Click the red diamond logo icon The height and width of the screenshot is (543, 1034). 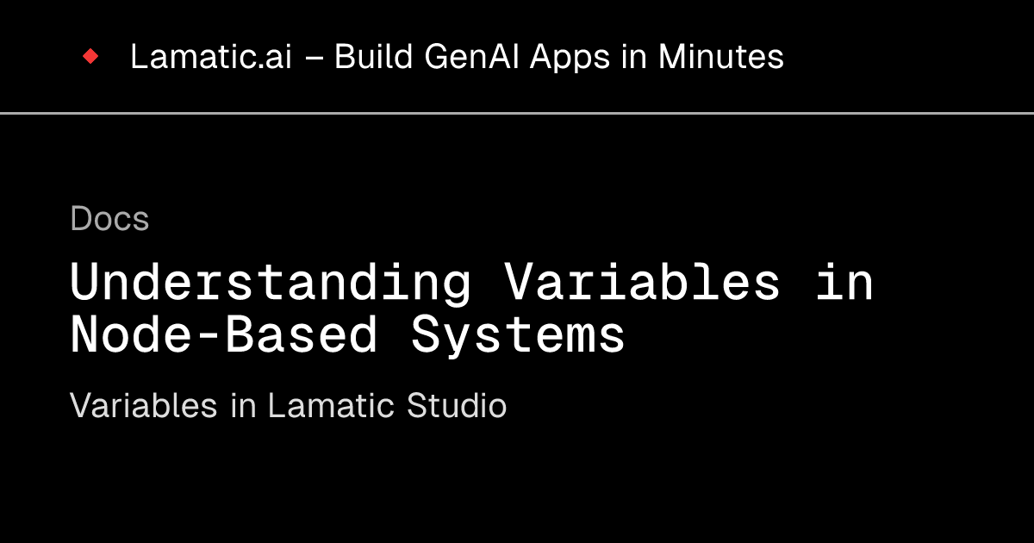click(x=90, y=57)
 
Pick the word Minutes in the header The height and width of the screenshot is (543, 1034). click(x=721, y=57)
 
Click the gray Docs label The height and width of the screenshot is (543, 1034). click(x=109, y=219)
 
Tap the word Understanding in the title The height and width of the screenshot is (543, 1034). click(x=271, y=283)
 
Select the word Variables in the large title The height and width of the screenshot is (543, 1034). click(x=643, y=283)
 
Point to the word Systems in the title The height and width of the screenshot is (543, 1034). click(x=518, y=334)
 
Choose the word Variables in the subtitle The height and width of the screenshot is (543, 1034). click(x=143, y=406)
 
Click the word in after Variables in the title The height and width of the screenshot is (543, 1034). click(x=844, y=283)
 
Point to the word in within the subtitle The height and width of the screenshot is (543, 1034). click(x=242, y=406)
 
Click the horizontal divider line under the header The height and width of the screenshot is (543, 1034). click(x=517, y=113)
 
